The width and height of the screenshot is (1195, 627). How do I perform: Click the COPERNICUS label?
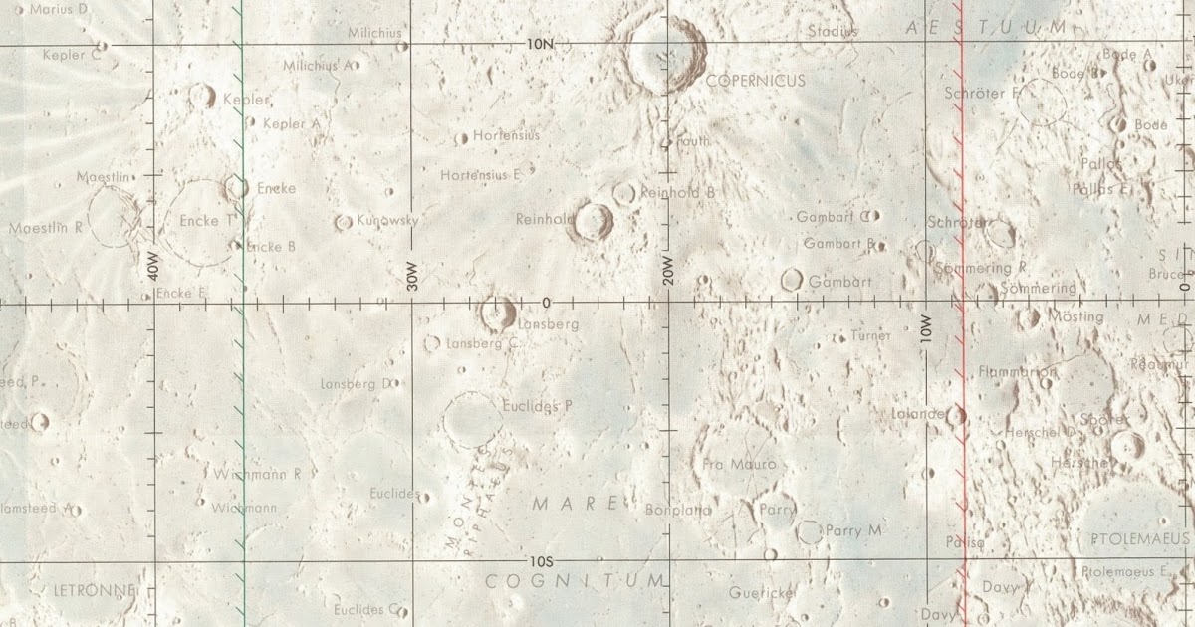tap(755, 81)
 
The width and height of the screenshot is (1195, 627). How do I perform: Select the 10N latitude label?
tap(539, 44)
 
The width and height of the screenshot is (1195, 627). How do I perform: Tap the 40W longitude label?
tap(154, 266)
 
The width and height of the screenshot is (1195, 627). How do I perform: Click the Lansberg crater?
tap(495, 312)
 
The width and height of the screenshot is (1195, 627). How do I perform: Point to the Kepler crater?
tap(202, 96)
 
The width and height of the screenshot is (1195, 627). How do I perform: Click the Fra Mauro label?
tap(739, 464)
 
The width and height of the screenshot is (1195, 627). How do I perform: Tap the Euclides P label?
tap(538, 406)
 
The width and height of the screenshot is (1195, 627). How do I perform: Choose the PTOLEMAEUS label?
tap(1139, 538)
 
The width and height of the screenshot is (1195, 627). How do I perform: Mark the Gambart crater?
tap(793, 280)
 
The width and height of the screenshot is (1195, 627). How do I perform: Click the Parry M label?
tap(853, 531)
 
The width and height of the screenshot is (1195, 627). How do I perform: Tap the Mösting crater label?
tap(1076, 316)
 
